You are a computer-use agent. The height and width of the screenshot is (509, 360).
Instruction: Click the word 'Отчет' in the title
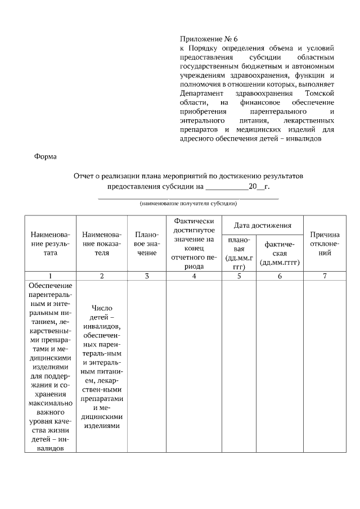pyautogui.click(x=84, y=176)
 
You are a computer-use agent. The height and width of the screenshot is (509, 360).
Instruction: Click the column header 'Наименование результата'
pyautogui.click(x=51, y=244)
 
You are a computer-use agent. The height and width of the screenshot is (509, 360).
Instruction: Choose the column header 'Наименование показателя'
pyautogui.click(x=101, y=244)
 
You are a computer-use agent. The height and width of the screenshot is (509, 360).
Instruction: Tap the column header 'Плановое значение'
pyautogui.click(x=146, y=244)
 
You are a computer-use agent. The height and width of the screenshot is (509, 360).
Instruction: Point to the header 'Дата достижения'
pyautogui.click(x=262, y=225)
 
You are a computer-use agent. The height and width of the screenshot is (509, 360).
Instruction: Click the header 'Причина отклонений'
pyautogui.click(x=325, y=244)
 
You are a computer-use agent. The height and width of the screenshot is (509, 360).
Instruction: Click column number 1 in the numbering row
pyautogui.click(x=51, y=276)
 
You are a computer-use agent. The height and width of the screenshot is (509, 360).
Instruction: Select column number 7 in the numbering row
pyautogui.click(x=325, y=276)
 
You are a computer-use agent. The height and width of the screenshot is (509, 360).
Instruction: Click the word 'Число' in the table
pyautogui.click(x=101, y=308)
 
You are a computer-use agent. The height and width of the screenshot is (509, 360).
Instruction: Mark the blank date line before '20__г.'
pyautogui.click(x=227, y=187)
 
